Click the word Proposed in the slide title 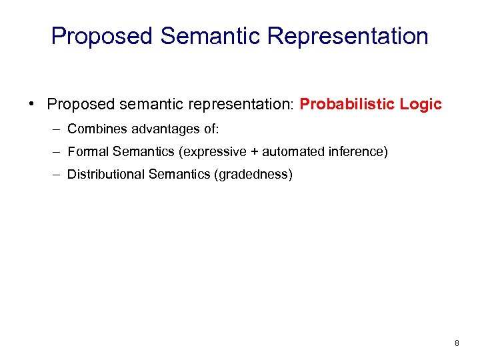point(102,36)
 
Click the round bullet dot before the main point point(31,105)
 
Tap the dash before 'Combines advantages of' point(58,129)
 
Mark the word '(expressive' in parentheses point(212,152)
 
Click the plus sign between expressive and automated point(254,152)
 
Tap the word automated point(290,152)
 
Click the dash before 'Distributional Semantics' point(58,175)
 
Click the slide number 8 point(457,343)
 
